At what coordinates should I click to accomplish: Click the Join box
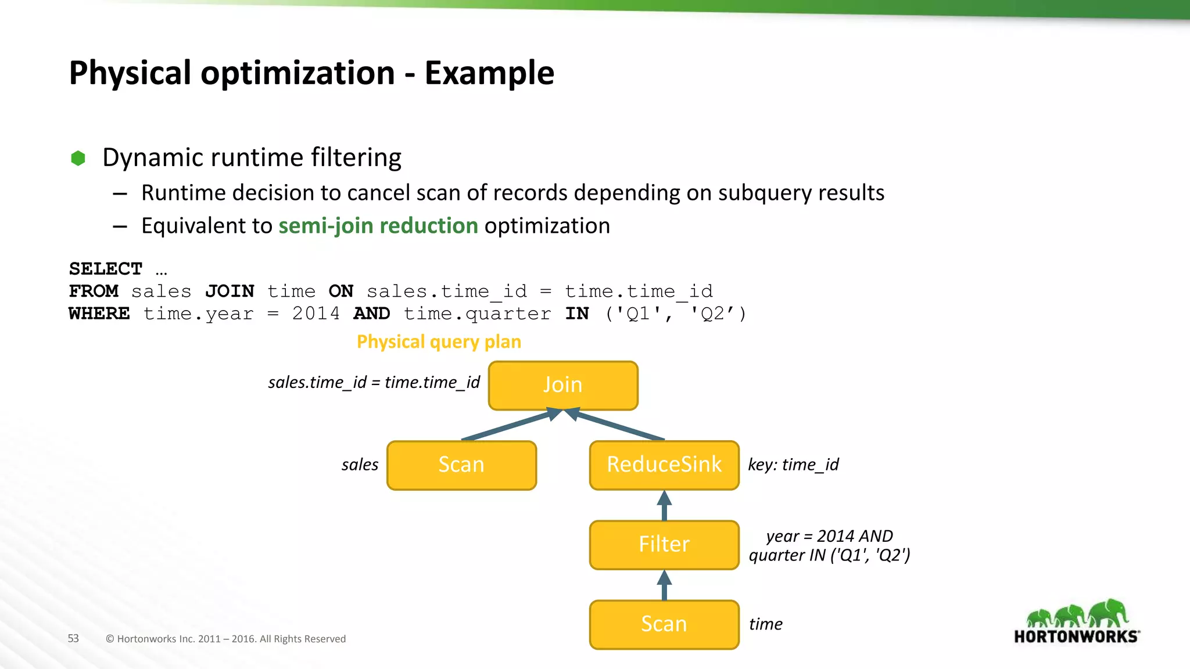(563, 386)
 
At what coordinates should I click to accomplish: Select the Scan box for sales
(461, 465)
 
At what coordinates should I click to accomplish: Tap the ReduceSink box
(664, 465)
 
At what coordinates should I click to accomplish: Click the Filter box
(664, 545)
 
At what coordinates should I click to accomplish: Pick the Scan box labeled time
(664, 624)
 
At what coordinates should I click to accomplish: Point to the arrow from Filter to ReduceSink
(664, 506)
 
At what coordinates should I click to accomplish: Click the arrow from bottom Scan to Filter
(664, 585)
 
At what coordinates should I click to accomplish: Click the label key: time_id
(793, 465)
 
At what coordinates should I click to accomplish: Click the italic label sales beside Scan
(360, 465)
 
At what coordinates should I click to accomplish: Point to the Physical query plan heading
(439, 341)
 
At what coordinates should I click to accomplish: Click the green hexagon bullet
(78, 158)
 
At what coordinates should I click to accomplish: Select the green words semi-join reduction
(378, 226)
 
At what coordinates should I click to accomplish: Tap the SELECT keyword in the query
(106, 269)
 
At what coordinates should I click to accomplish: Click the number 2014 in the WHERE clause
(316, 314)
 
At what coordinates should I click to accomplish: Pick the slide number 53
(73, 638)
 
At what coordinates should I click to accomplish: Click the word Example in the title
(489, 73)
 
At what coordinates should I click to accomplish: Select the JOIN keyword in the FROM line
(230, 291)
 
